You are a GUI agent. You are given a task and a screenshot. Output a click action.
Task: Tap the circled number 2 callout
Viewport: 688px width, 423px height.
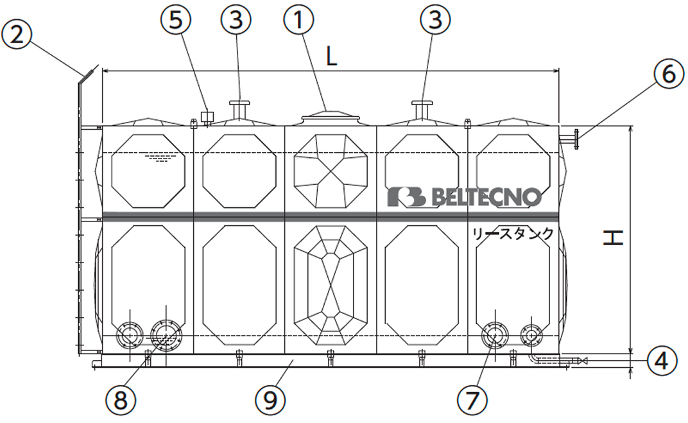[17, 35]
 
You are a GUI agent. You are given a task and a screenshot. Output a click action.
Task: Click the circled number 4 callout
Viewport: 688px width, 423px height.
[662, 361]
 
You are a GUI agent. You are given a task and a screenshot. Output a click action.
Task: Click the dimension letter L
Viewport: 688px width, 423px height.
[331, 56]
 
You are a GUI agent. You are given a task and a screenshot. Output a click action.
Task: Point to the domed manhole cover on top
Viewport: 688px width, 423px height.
[330, 117]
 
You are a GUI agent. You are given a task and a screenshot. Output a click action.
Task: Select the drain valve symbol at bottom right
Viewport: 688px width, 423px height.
[582, 362]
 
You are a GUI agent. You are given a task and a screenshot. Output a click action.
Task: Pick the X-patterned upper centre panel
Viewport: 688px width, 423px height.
[330, 170]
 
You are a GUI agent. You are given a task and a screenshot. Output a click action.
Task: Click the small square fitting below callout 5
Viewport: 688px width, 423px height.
[207, 116]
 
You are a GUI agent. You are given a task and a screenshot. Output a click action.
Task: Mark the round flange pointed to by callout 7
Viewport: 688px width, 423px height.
[495, 335]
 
